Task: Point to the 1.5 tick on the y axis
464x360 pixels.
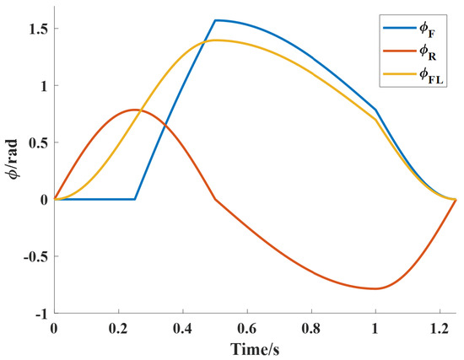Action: tap(36, 29)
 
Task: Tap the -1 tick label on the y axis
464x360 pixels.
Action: tap(40, 314)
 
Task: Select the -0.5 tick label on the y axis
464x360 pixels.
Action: tap(34, 256)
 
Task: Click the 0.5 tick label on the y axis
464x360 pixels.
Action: tap(36, 142)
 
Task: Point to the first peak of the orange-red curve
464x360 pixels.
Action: tap(135, 110)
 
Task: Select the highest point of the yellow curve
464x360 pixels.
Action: tap(216, 40)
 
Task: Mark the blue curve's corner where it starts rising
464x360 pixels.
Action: tap(135, 199)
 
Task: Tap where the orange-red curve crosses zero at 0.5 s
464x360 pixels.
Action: tap(215, 199)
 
